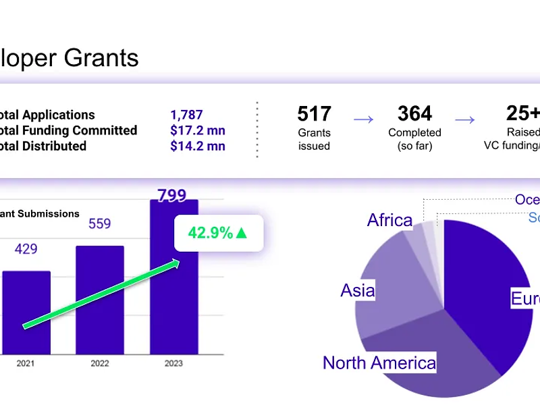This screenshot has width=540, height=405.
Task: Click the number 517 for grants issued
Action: point(314,113)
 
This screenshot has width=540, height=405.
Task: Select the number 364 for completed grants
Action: point(414,113)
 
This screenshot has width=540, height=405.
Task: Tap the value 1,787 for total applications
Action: point(186,115)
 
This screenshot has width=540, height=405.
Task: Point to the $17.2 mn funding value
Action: point(198,130)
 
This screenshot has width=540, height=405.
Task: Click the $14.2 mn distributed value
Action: point(198,146)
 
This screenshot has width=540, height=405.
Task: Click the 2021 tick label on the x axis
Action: point(26,364)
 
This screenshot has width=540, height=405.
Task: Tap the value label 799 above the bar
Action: point(173,196)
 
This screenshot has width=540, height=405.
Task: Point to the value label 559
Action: point(100,223)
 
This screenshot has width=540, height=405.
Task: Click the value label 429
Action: point(26,249)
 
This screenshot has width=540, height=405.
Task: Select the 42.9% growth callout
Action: point(217,234)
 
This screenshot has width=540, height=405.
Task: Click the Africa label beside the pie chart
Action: point(389,220)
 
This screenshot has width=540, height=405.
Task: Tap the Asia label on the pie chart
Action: point(358,290)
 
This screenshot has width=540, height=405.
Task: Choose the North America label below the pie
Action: point(379,362)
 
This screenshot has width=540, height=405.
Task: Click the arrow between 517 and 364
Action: point(364,119)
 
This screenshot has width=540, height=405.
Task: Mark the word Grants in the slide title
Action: point(101,57)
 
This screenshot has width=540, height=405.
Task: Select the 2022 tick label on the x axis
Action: point(100,364)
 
